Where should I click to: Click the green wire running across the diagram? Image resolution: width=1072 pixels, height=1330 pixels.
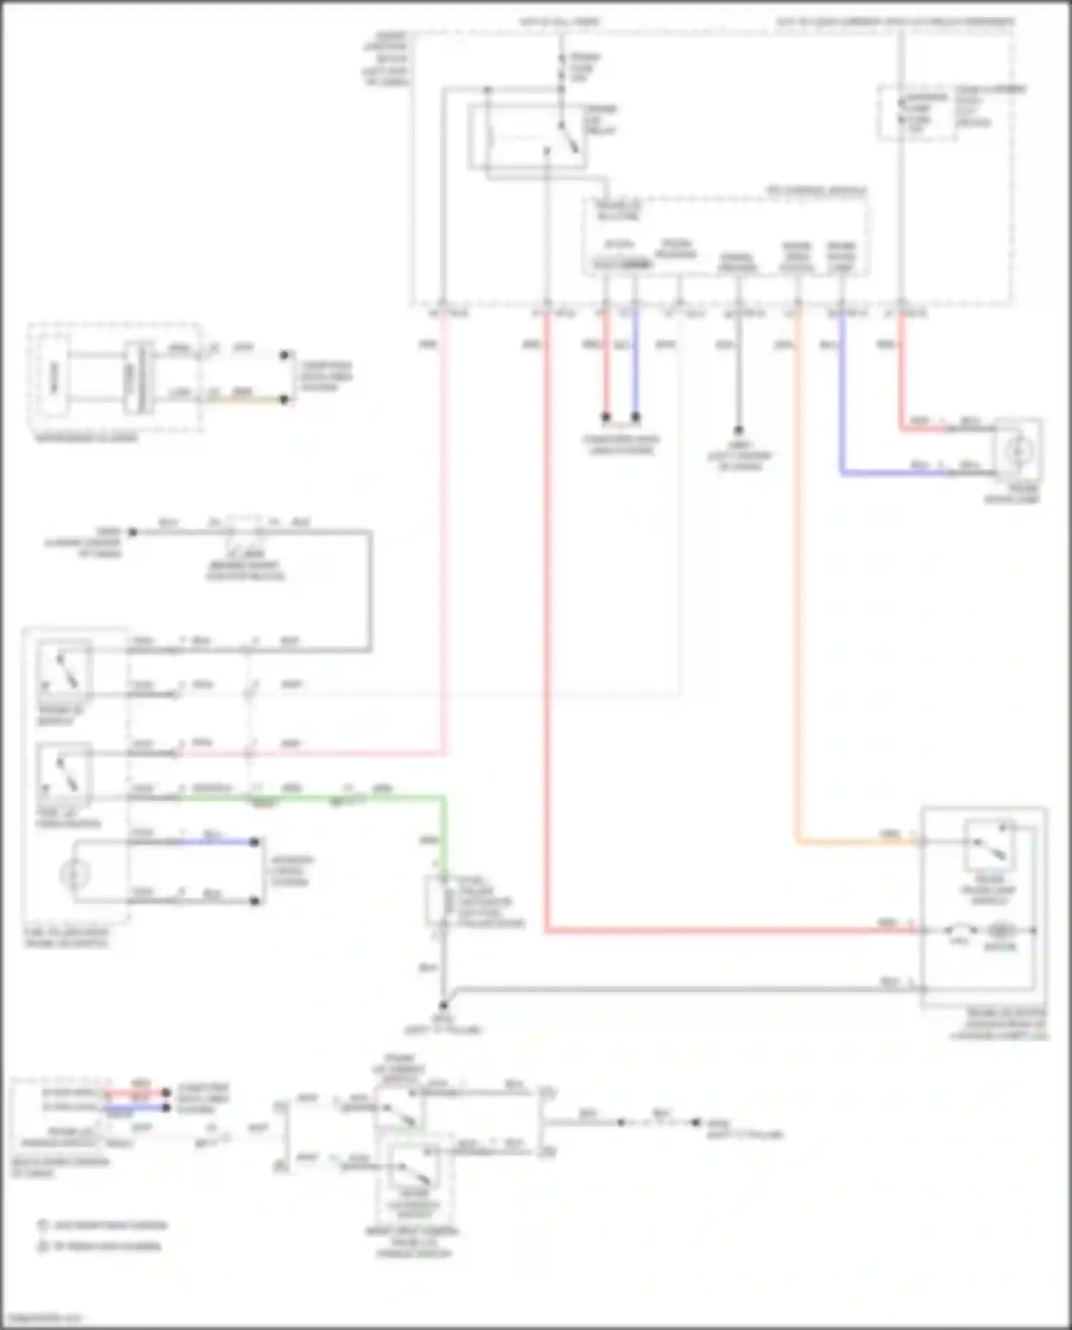(322, 797)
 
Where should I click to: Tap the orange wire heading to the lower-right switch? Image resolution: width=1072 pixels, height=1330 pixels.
(797, 572)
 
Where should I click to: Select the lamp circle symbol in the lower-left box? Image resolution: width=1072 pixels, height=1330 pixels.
(75, 873)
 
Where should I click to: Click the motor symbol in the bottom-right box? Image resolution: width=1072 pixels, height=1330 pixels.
(1000, 931)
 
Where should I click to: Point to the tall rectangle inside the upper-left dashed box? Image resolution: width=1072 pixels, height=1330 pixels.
(54, 377)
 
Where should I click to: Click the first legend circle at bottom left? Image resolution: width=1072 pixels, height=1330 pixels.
(43, 1226)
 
